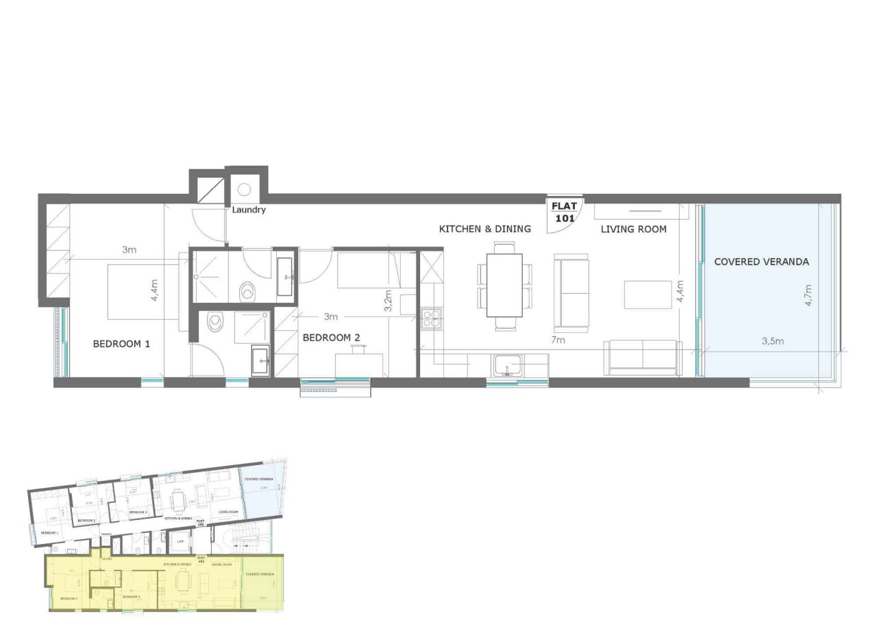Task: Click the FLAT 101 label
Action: click(565, 211)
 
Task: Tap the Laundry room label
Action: click(248, 210)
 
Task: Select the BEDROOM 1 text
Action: click(121, 344)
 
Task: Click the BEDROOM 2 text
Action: click(331, 337)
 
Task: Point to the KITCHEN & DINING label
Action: click(484, 229)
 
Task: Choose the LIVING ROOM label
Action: click(633, 229)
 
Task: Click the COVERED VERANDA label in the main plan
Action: click(761, 262)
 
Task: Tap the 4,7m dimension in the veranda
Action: click(809, 295)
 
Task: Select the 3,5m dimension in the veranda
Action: click(772, 341)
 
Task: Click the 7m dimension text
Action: click(558, 340)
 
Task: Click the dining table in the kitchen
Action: click(504, 285)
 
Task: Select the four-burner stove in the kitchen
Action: click(431, 319)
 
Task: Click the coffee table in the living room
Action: click(647, 295)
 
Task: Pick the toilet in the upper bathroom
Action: click(247, 291)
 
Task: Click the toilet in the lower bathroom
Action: click(215, 322)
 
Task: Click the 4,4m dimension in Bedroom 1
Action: click(155, 290)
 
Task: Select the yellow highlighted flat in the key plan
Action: click(164, 582)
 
